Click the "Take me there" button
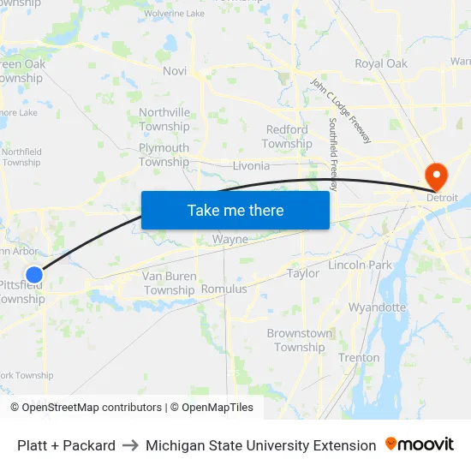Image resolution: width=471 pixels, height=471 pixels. (235, 210)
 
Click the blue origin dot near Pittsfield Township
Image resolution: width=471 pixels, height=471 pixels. (34, 275)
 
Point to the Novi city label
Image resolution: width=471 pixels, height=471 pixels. (175, 71)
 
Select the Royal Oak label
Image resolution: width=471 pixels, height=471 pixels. (381, 63)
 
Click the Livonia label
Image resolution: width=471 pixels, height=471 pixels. (251, 165)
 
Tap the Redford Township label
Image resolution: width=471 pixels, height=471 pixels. (287, 136)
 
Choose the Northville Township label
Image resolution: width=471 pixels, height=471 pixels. (164, 119)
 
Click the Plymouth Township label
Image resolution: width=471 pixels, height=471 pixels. (164, 155)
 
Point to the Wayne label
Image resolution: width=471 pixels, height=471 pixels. (230, 240)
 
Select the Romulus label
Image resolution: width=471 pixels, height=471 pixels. (224, 289)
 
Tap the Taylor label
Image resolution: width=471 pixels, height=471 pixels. (303, 273)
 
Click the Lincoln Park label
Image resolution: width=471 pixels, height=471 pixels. (360, 265)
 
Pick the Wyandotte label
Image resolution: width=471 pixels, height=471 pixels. (377, 307)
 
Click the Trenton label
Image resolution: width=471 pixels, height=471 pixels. (359, 357)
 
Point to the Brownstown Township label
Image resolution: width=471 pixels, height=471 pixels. (300, 340)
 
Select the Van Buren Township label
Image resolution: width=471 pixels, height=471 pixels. (170, 283)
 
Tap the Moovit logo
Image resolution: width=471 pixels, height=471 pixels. (420, 444)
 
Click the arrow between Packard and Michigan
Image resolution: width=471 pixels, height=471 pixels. (130, 445)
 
